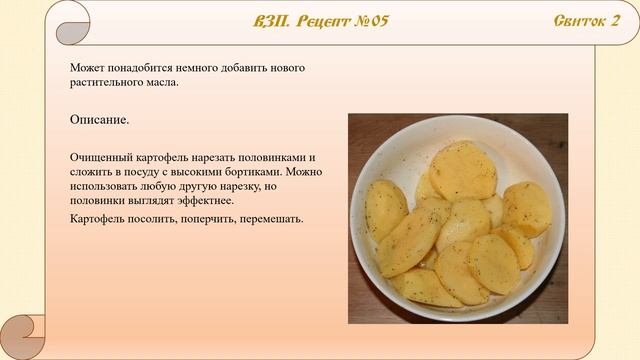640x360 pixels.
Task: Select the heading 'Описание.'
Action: [99, 120]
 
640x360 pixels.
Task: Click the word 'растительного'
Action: [105, 82]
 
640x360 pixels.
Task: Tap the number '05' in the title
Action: [377, 22]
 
